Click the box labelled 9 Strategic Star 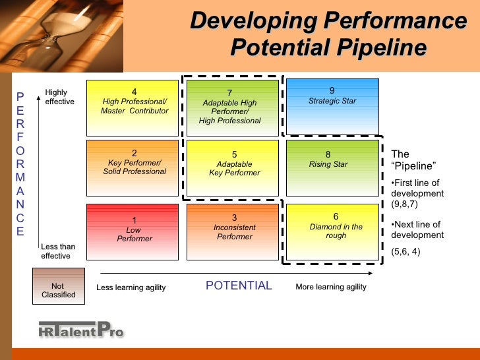[332, 106]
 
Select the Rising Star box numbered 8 [332, 167]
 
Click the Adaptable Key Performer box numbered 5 [234, 167]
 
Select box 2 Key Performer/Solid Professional [135, 167]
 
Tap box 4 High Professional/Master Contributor [135, 106]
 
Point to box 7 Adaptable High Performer [230, 107]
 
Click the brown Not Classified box [59, 286]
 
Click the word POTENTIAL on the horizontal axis [239, 285]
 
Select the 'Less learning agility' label [131, 287]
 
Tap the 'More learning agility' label [331, 287]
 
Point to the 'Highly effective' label [59, 97]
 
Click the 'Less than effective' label [58, 251]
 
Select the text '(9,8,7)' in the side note [405, 204]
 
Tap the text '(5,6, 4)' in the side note [407, 251]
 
